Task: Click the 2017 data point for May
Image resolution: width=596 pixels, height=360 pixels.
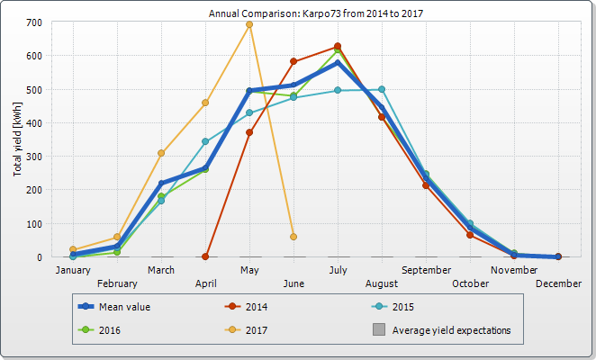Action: tap(249, 24)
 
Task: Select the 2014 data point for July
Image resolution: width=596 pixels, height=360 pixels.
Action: tap(338, 47)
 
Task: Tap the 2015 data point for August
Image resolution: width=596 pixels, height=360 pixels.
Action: tap(382, 90)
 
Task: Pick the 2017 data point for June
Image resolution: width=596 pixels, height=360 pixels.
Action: tap(293, 237)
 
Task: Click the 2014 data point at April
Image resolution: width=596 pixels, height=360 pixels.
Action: tap(205, 256)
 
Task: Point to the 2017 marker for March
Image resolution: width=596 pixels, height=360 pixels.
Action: tap(161, 153)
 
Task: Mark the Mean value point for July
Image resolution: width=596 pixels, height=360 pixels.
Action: tap(338, 63)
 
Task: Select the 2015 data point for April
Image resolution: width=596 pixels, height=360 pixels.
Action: tap(205, 142)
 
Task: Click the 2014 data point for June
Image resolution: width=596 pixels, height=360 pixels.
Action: tap(293, 61)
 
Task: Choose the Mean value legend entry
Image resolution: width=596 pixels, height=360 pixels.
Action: tap(114, 307)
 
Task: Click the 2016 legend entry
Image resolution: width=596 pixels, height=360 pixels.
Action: tap(99, 330)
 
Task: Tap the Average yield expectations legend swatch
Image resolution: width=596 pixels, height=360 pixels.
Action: tap(379, 329)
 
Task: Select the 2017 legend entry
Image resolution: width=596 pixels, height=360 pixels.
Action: tap(246, 330)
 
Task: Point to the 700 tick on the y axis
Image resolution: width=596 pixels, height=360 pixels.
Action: tap(34, 22)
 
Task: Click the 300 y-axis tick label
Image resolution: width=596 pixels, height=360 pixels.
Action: tap(34, 157)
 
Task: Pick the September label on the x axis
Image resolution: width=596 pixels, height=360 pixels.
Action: tap(426, 270)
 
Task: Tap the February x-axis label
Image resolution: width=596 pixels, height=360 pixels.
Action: tap(117, 284)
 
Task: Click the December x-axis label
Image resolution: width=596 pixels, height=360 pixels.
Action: tap(558, 284)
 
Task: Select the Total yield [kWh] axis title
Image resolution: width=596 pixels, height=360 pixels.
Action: tap(17, 139)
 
